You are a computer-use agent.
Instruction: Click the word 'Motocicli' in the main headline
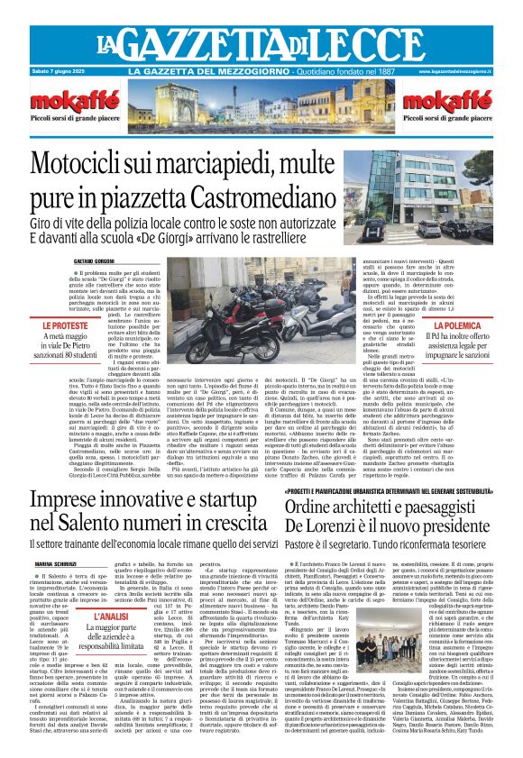click(104, 165)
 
